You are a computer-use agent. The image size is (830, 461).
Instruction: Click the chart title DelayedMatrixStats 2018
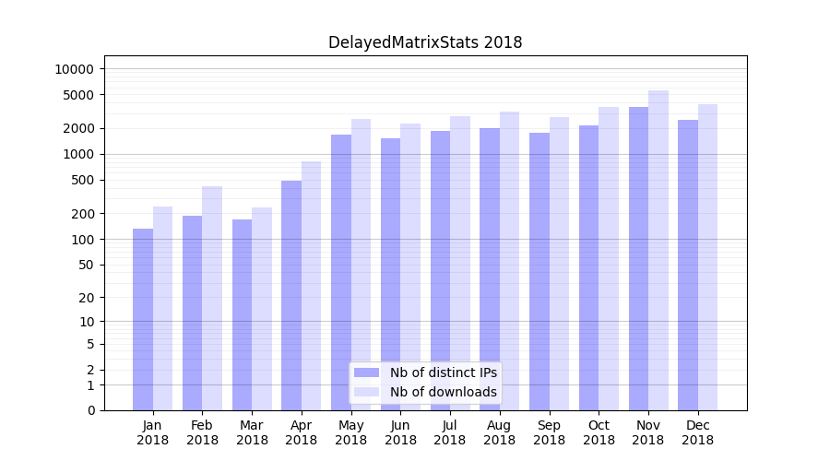coord(425,42)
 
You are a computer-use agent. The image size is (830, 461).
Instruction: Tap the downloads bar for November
coord(658,250)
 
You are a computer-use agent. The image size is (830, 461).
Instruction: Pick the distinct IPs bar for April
coord(291,295)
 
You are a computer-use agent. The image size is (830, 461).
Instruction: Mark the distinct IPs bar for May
coord(341,272)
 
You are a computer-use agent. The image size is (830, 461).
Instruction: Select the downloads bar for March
coord(262,309)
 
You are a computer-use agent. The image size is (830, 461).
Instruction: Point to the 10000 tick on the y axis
coord(74,69)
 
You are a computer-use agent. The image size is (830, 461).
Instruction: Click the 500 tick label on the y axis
coord(81,180)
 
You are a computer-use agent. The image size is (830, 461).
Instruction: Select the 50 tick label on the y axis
coord(85,265)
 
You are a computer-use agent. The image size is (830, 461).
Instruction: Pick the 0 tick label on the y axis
coord(89,410)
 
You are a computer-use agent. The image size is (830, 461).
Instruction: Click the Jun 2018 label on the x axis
coord(400,432)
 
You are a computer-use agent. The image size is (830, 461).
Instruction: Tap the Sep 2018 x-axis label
coord(549,432)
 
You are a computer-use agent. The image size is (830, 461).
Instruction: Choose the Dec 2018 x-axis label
coord(697,432)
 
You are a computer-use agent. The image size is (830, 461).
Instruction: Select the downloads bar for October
coord(609,258)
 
